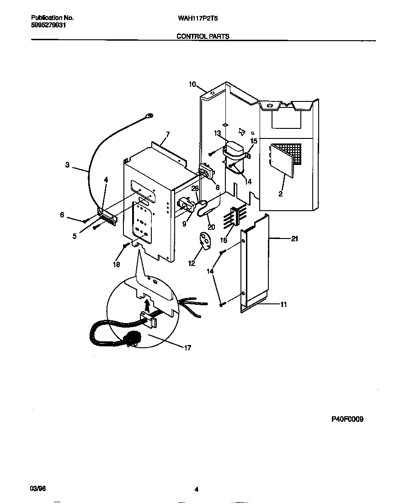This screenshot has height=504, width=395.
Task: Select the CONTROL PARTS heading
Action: (203, 36)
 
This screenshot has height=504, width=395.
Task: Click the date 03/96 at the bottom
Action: (38, 488)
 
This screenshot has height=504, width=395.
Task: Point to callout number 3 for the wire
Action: (67, 165)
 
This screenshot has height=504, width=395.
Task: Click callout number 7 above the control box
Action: (168, 134)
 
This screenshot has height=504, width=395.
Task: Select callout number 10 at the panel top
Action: (192, 84)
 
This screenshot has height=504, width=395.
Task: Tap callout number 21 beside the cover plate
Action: (294, 239)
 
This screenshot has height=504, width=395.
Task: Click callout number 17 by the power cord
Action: (187, 348)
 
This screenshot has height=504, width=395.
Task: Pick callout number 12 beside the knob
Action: (192, 263)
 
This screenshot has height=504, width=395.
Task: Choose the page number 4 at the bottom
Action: (196, 489)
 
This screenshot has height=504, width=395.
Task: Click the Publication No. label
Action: (52, 18)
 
